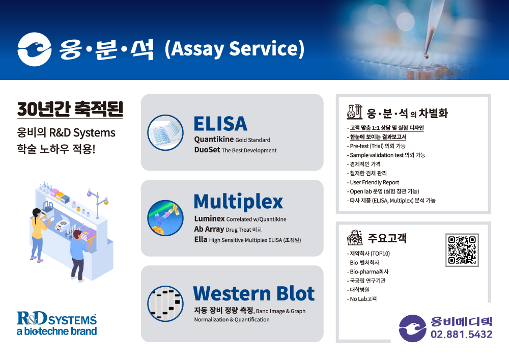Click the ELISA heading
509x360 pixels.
[220, 124]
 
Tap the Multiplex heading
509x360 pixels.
[238, 202]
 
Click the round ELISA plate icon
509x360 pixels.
[165, 132]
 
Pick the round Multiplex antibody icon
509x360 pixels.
[165, 218]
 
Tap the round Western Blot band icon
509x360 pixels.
[165, 304]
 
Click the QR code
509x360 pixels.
[462, 250]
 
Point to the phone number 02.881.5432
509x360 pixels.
[461, 335]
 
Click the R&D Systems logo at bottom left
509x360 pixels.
[57, 323]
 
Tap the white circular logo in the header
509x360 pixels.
[35, 49]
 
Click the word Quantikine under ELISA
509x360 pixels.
[214, 139]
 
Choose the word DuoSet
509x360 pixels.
[207, 150]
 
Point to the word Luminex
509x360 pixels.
[209, 218]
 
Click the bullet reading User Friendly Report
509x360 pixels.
[373, 182]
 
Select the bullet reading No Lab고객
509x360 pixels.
[362, 299]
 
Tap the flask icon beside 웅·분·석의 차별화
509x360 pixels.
[354, 112]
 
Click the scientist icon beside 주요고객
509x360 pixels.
[355, 238]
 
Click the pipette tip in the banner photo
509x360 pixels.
[427, 56]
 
